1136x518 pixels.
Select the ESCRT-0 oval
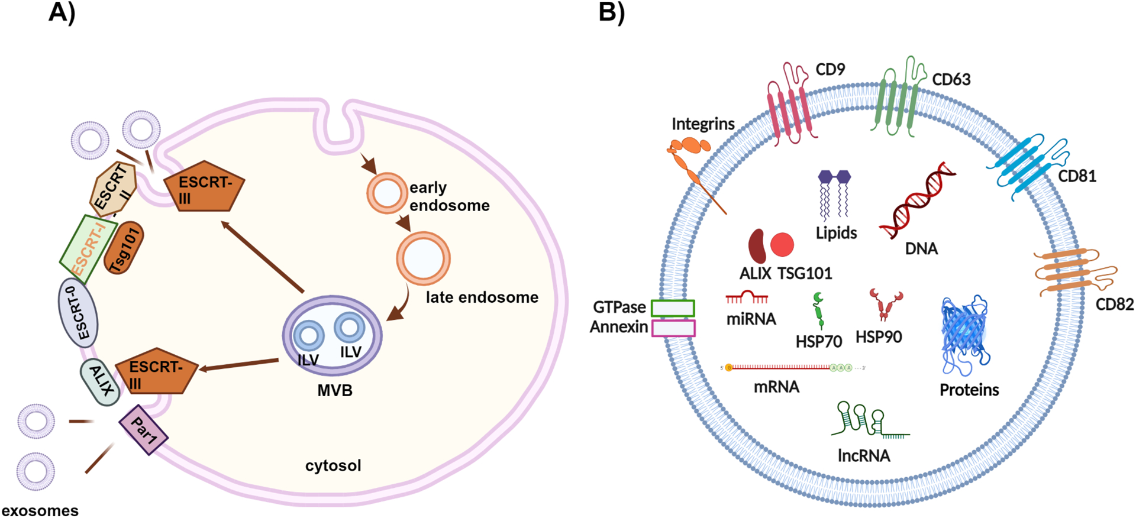coord(78,312)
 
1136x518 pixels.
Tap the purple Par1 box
coord(144,430)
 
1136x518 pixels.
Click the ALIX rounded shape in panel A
coord(101,381)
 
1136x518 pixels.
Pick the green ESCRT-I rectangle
coord(88,249)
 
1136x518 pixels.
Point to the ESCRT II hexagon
coord(113,188)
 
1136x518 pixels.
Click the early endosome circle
coord(386,193)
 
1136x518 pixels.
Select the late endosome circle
coord(423,258)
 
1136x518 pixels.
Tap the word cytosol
coord(333,466)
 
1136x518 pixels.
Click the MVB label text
coord(334,391)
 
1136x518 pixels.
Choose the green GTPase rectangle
coord(673,308)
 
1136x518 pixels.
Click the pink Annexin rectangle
coord(673,328)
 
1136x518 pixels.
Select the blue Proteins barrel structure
coord(964,335)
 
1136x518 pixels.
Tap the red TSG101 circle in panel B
coord(782,244)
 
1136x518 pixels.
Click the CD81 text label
coord(1077,176)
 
